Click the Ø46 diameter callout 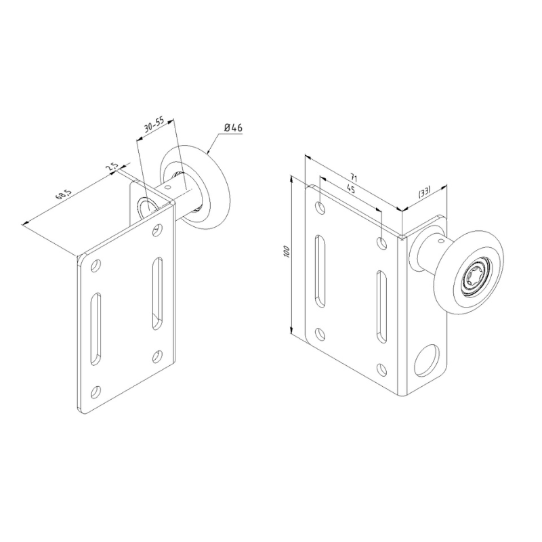[233, 128]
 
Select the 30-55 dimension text [154, 125]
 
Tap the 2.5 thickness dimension [112, 167]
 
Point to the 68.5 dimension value [63, 196]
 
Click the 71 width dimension [353, 178]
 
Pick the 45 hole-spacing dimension [350, 190]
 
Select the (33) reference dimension [424, 192]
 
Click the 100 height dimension [286, 251]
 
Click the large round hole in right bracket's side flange [427, 360]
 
